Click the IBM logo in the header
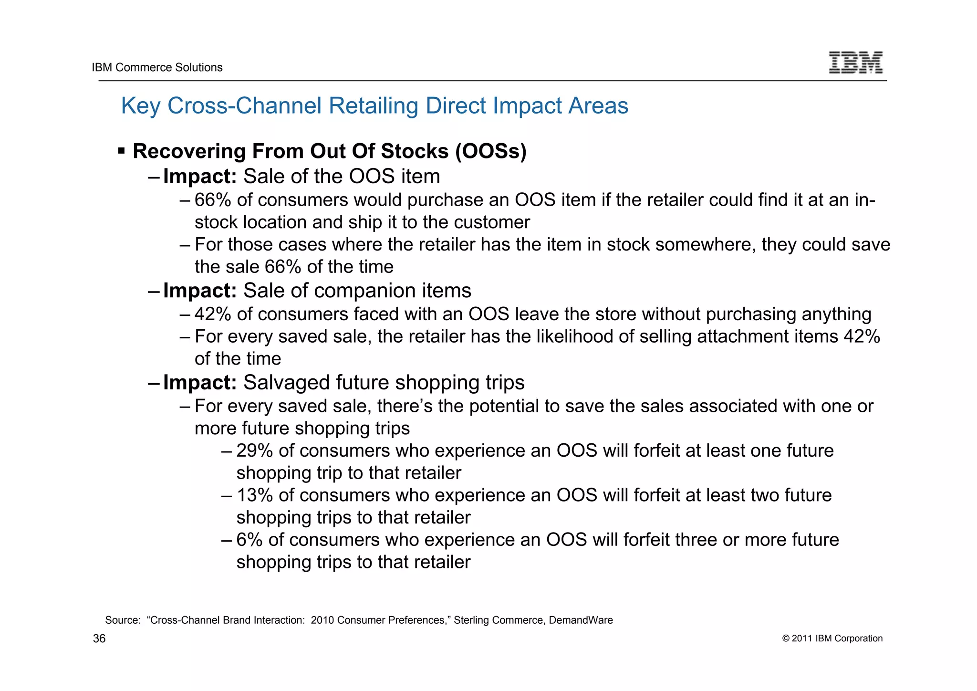coord(855,63)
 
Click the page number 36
coord(99,639)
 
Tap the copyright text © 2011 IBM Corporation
coord(832,639)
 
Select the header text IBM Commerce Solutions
coord(157,67)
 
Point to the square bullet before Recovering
coord(121,151)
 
